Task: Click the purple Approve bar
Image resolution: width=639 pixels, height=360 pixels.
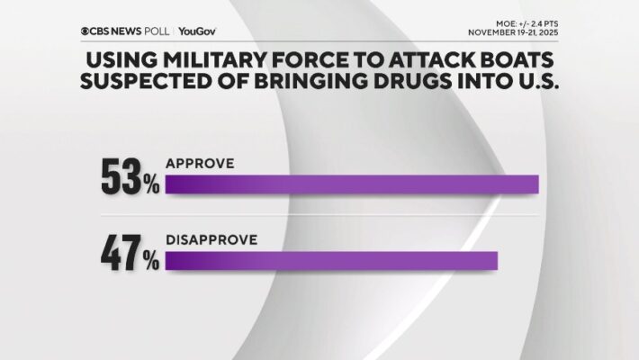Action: tap(351, 184)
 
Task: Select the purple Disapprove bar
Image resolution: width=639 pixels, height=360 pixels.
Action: tap(330, 260)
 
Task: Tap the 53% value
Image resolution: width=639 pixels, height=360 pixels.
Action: tap(129, 176)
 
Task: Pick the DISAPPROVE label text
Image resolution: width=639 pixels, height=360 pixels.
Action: tap(211, 240)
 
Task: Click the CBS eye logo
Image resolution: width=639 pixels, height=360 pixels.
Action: tap(86, 31)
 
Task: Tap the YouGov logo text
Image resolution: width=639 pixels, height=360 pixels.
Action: tap(197, 31)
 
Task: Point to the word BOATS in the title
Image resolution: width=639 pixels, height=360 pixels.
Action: tap(514, 62)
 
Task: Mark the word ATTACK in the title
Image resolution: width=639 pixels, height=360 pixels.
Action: tap(434, 62)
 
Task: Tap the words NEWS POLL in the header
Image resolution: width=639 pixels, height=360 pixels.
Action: tap(139, 31)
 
